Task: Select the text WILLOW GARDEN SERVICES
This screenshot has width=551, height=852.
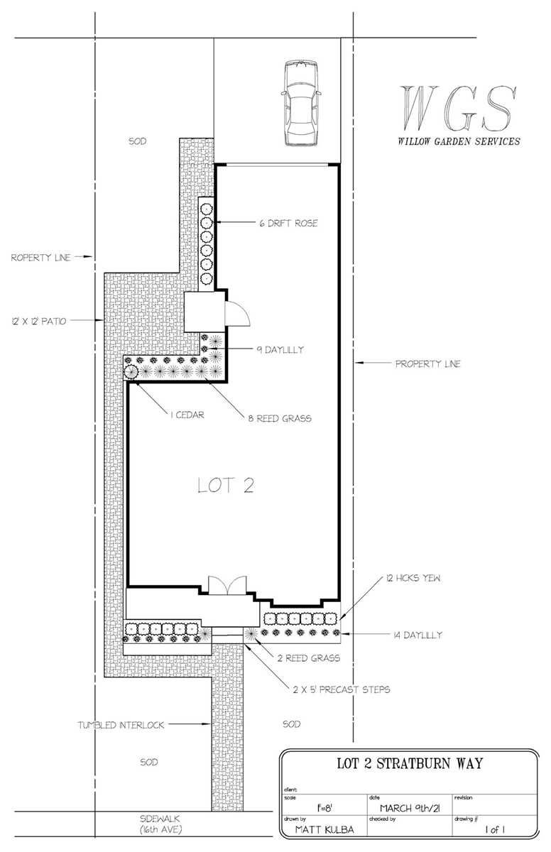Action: (x=459, y=141)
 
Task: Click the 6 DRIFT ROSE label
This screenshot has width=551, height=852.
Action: (x=288, y=224)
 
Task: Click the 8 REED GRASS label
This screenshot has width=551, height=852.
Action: (x=280, y=418)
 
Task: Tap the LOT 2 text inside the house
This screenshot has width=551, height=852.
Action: (x=225, y=486)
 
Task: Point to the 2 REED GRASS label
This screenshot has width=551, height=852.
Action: (x=307, y=658)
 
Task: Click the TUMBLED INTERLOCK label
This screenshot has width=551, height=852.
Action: (x=121, y=725)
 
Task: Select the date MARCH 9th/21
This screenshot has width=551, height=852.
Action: (x=410, y=807)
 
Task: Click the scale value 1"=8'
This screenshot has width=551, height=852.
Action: (x=322, y=807)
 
